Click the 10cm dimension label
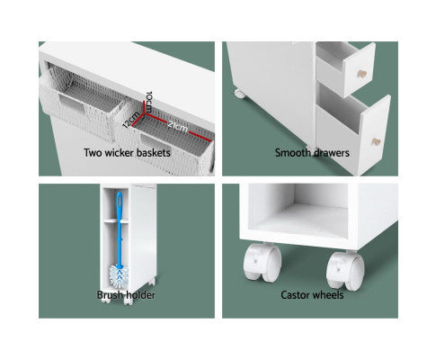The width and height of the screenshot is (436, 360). (149, 102)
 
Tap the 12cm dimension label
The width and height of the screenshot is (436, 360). (132, 120)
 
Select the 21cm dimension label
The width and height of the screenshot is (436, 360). (178, 126)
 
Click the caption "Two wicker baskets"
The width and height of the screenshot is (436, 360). (127, 153)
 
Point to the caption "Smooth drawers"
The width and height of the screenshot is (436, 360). (312, 153)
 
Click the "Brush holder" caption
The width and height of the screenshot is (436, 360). (126, 295)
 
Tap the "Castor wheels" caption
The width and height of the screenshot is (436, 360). (312, 295)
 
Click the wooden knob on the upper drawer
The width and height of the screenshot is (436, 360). (362, 74)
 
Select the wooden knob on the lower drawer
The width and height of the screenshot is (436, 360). (376, 142)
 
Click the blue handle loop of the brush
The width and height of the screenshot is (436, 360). (120, 204)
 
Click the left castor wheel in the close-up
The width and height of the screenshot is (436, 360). (262, 263)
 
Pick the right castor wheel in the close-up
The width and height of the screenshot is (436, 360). (345, 271)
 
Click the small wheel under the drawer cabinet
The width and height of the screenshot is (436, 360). (240, 94)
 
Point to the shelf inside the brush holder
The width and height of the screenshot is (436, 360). (116, 221)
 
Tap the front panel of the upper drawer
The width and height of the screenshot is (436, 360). (360, 70)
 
